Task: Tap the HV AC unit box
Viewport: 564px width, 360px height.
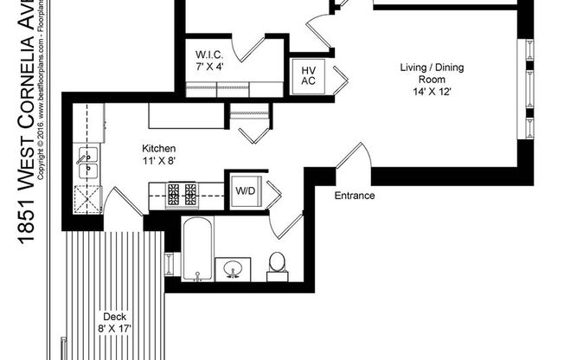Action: (x=308, y=75)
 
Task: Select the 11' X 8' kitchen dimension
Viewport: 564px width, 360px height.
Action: (x=159, y=160)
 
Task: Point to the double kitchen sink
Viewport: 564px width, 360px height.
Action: (x=88, y=163)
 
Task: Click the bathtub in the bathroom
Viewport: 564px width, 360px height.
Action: (x=195, y=248)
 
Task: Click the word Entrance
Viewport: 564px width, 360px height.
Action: (x=355, y=196)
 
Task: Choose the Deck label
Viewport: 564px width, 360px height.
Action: (x=114, y=316)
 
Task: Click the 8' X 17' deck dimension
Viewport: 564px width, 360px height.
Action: (x=114, y=328)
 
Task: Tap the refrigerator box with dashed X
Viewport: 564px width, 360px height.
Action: (x=87, y=200)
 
